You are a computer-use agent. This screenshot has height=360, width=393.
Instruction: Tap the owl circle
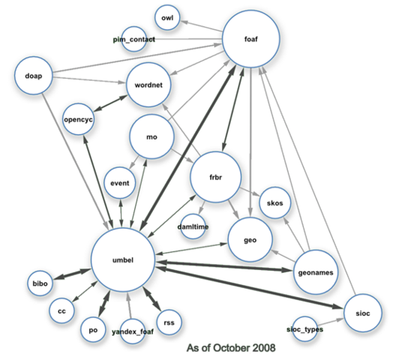pyautogui.click(x=167, y=18)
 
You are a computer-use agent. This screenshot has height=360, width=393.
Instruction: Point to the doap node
pyautogui.click(x=34, y=76)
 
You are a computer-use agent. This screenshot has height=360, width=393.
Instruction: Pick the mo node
pyautogui.click(x=152, y=137)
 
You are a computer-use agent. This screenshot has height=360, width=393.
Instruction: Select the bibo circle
pyautogui.click(x=40, y=283)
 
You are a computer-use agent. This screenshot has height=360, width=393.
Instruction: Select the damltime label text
pyautogui.click(x=193, y=226)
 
